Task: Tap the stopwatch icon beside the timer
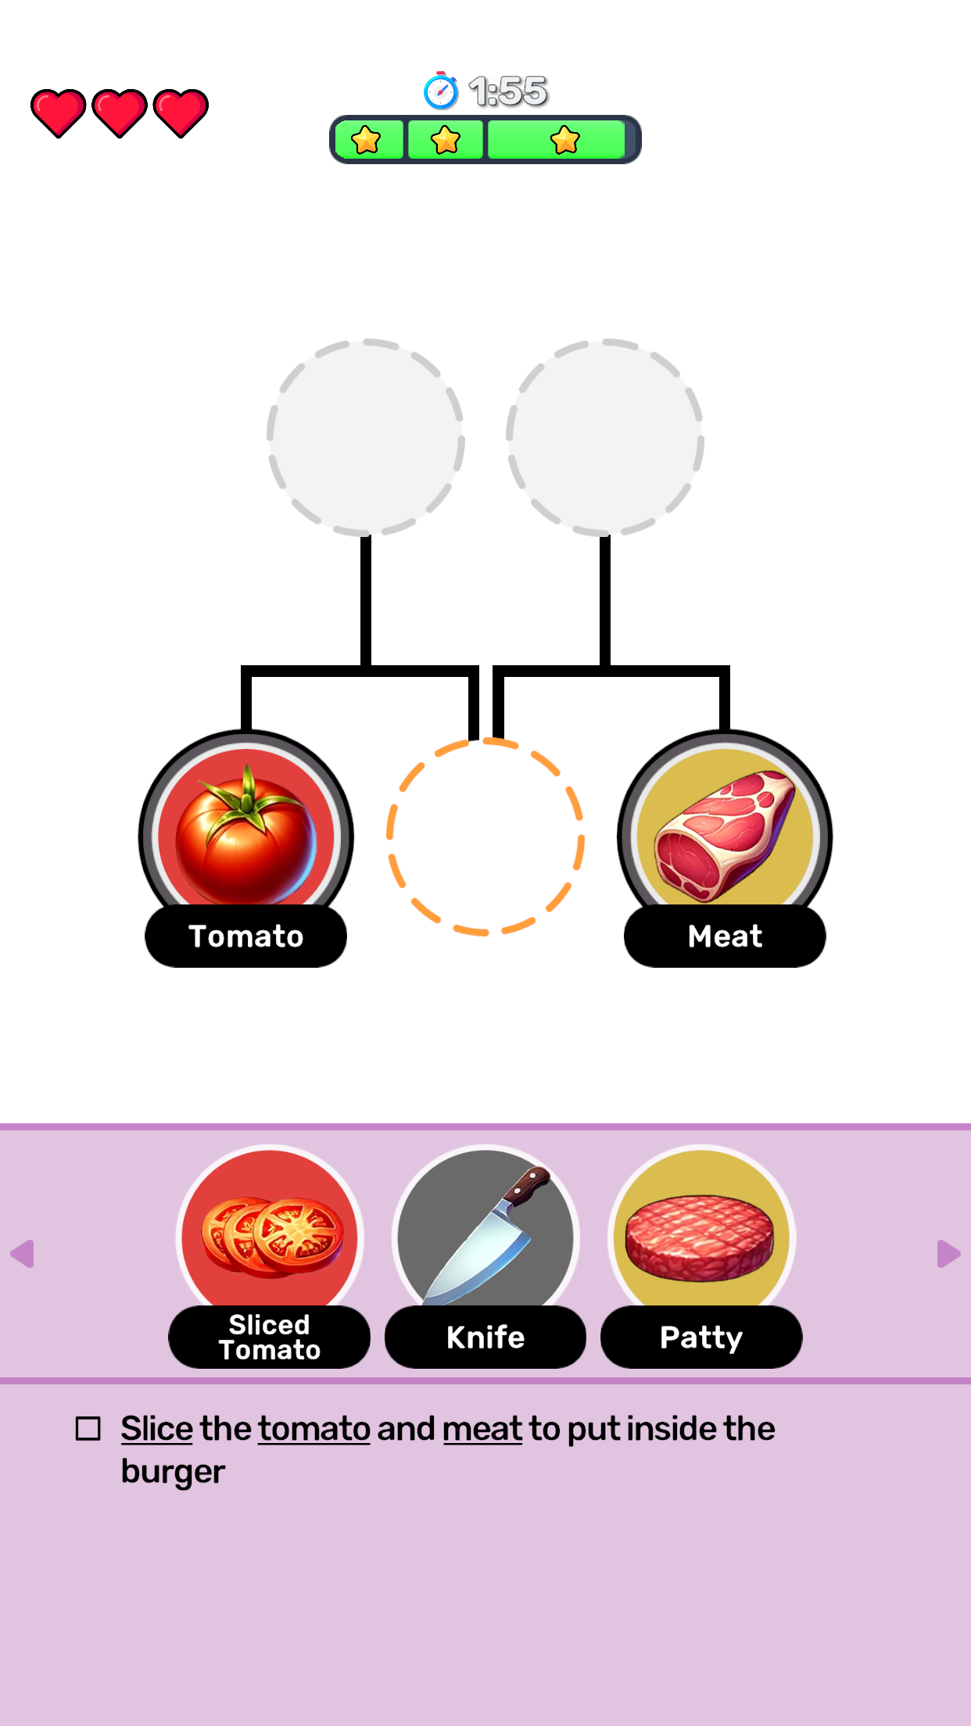440,91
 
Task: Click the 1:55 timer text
508,91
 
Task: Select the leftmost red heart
58,113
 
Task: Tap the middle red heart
119,113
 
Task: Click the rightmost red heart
181,113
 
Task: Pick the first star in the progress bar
366,141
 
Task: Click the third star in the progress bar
564,141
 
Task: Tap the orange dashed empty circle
485,836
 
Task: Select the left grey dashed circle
366,438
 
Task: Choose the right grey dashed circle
605,438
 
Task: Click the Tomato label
246,936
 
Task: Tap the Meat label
725,936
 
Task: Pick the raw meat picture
725,833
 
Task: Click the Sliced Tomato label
270,1337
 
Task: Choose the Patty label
701,1337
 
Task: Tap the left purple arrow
23,1254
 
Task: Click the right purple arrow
948,1254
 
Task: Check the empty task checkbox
88,1429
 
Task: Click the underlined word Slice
156,1429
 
